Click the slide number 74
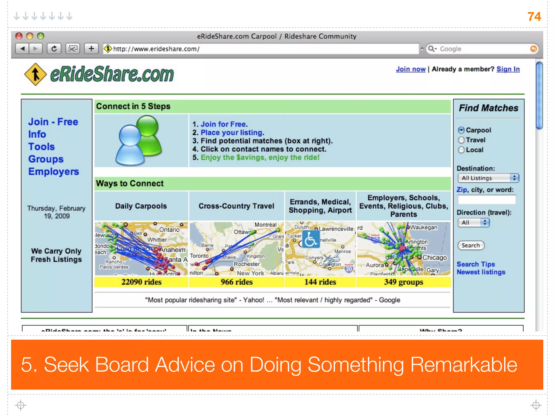click(x=534, y=17)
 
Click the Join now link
click(x=411, y=69)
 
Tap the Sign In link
click(x=508, y=69)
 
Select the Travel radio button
click(x=461, y=140)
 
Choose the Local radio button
click(x=461, y=150)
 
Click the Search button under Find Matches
click(x=471, y=245)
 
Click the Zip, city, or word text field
click(x=487, y=200)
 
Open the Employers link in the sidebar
click(x=54, y=172)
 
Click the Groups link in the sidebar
click(x=46, y=159)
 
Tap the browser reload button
click(x=54, y=49)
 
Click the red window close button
click(x=19, y=36)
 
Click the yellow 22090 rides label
click(x=141, y=282)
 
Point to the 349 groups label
click(x=403, y=282)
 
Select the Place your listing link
click(x=232, y=133)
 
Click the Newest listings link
click(x=481, y=272)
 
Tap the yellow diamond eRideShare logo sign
click(x=35, y=74)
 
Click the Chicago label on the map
click(x=434, y=258)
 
